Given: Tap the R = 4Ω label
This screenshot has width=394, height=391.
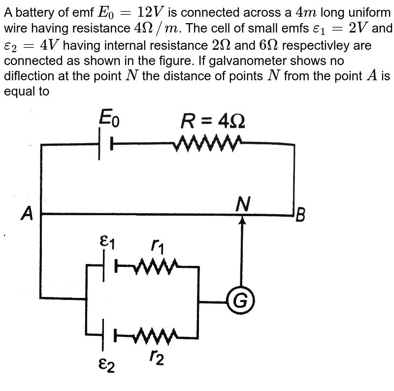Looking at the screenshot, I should [213, 120].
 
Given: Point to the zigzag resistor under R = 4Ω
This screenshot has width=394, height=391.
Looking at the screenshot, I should [208, 143].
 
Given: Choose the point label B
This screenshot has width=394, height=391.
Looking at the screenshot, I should [301, 215].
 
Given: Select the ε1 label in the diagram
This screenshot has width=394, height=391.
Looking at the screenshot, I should [108, 241].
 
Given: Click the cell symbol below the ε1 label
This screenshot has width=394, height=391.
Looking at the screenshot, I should [108, 266].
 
